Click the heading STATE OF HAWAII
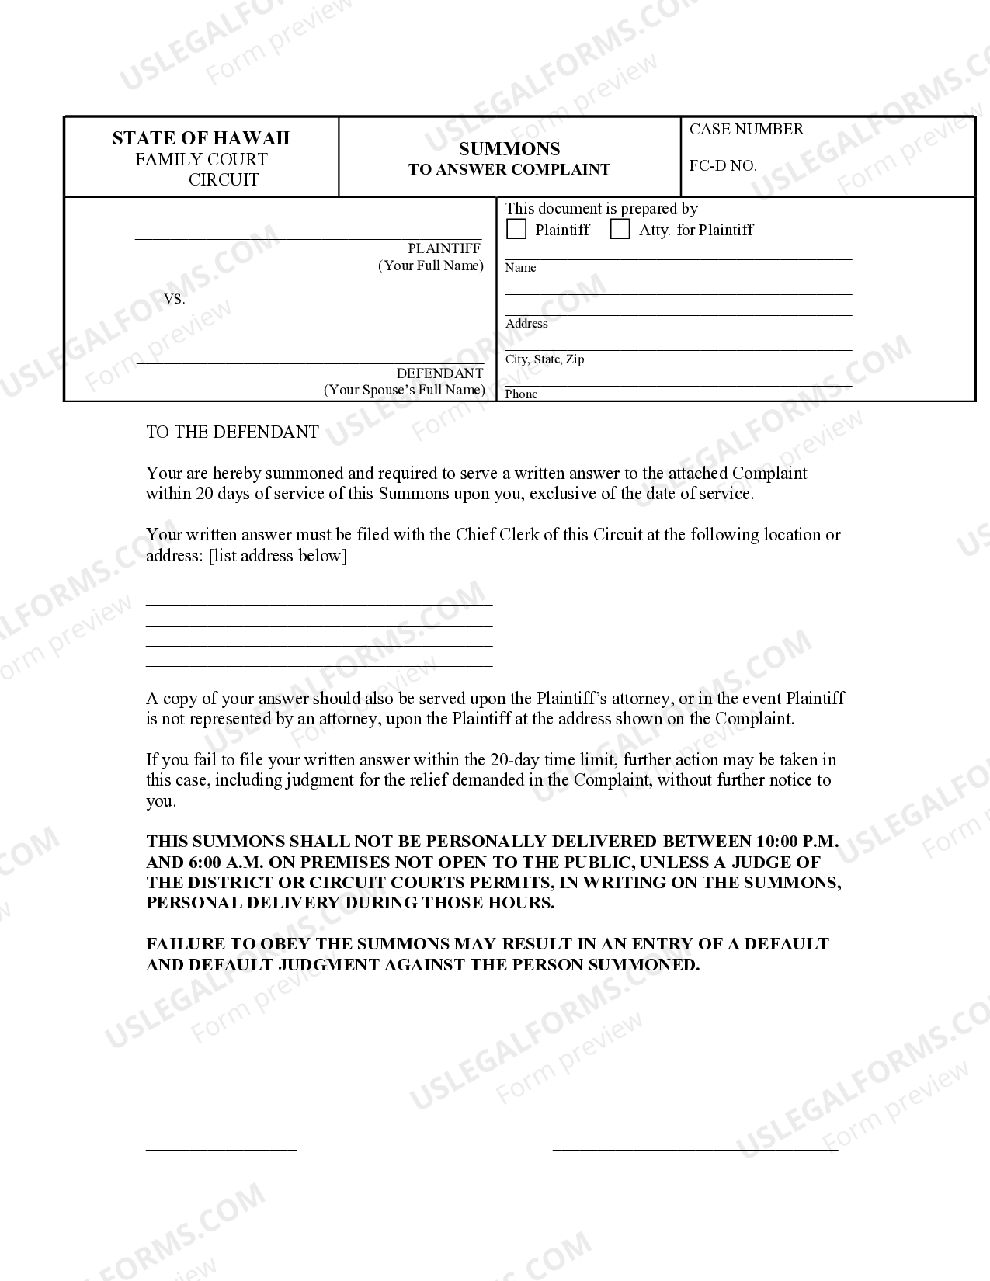click(x=200, y=138)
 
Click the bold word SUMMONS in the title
click(x=509, y=148)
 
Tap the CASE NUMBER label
click(x=746, y=129)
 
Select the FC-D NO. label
click(x=722, y=165)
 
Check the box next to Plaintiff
click(x=516, y=230)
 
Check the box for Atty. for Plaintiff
click(x=620, y=230)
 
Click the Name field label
click(x=520, y=268)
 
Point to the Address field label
click(x=526, y=324)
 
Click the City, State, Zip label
click(x=544, y=359)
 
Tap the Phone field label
click(x=521, y=394)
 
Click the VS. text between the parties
click(x=175, y=300)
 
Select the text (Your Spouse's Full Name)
click(x=404, y=390)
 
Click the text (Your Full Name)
click(x=431, y=266)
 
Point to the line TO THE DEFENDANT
click(x=232, y=432)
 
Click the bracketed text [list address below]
click(x=278, y=556)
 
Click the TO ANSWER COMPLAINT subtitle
click(x=509, y=169)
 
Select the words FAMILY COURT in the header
click(x=201, y=160)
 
